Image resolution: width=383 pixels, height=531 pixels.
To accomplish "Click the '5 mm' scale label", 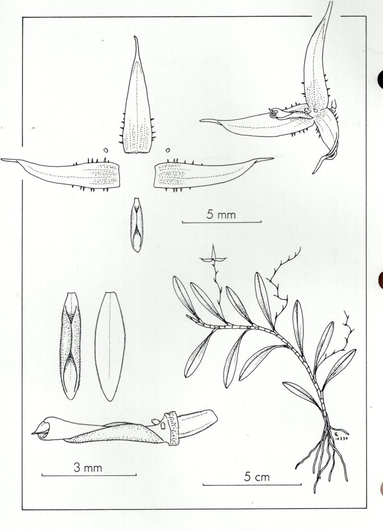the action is click(221, 214).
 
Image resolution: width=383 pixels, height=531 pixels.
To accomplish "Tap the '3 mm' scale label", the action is click(88, 468).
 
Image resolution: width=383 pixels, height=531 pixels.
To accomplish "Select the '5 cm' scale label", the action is click(257, 477).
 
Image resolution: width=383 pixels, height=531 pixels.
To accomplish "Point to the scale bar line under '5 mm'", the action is click(222, 222).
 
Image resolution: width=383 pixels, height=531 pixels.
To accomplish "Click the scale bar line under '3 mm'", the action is click(89, 475).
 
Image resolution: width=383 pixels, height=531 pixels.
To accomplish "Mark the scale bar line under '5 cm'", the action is click(252, 485).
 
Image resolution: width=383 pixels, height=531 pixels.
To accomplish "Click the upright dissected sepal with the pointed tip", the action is click(137, 98).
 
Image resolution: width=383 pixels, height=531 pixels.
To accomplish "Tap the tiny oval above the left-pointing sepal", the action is click(106, 150).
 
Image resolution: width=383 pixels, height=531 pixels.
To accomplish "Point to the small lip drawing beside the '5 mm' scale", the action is click(136, 224).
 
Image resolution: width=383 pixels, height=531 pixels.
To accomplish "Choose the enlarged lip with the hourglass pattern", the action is click(70, 345).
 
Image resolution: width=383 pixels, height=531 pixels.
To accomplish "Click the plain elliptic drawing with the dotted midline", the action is click(110, 346).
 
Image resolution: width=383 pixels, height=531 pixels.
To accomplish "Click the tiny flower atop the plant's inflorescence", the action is click(213, 258).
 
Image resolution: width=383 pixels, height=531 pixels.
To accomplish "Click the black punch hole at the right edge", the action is click(380, 79).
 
